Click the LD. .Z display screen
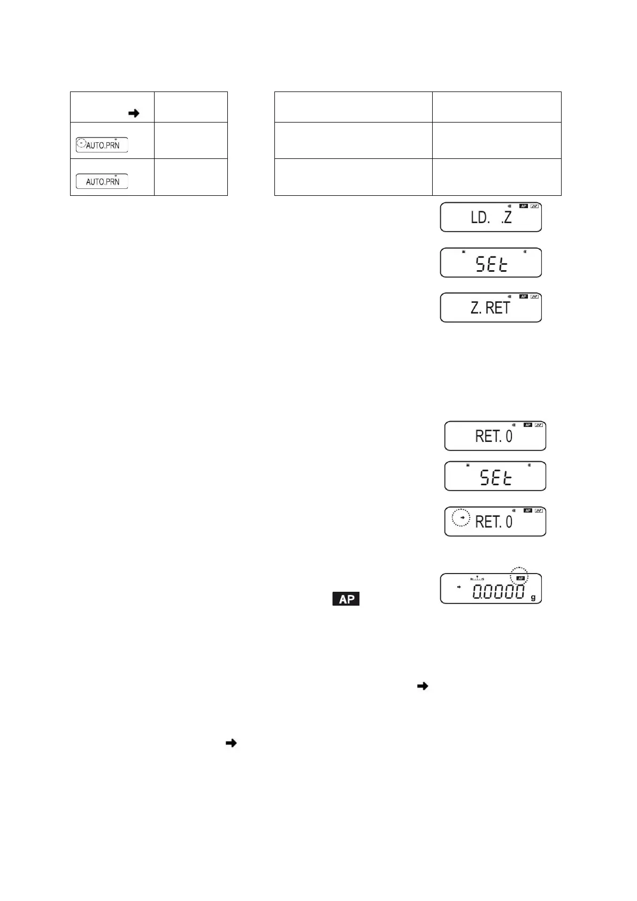pyautogui.click(x=490, y=217)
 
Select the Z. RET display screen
pyautogui.click(x=490, y=307)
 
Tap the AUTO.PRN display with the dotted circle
pyautogui.click(x=102, y=144)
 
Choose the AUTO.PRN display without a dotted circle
pyautogui.click(x=102, y=181)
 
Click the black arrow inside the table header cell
pyautogui.click(x=134, y=113)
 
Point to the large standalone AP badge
pyautogui.click(x=346, y=599)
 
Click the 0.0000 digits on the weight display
pyautogui.click(x=498, y=592)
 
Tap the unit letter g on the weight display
pyautogui.click(x=533, y=598)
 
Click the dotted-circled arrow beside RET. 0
pyautogui.click(x=462, y=518)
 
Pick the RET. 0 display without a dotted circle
pyautogui.click(x=495, y=436)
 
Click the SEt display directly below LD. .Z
pyautogui.click(x=490, y=263)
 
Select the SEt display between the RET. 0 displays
pyautogui.click(x=495, y=476)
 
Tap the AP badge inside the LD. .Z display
pyautogui.click(x=524, y=206)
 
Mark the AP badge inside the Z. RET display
pyautogui.click(x=524, y=296)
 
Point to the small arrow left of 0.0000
pyautogui.click(x=458, y=587)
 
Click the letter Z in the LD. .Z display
pyautogui.click(x=507, y=218)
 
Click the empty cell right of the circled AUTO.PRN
pyautogui.click(x=190, y=140)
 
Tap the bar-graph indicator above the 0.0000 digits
pyautogui.click(x=477, y=578)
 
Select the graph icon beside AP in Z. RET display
pyautogui.click(x=535, y=296)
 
